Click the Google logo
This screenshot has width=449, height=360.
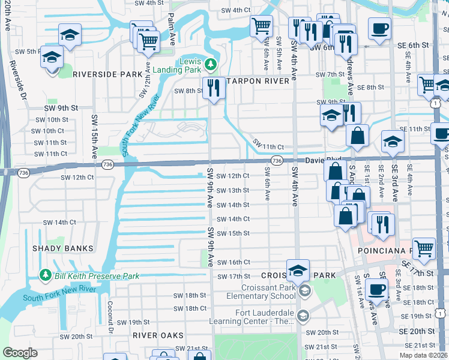(x=20, y=353)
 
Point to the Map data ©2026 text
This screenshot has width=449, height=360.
(x=424, y=355)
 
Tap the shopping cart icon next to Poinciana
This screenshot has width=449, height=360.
(x=424, y=247)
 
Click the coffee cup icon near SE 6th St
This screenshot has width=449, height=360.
(x=379, y=28)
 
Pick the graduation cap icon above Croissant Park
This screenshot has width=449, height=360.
(x=298, y=270)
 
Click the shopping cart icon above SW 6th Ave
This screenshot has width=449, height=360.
(x=262, y=26)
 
